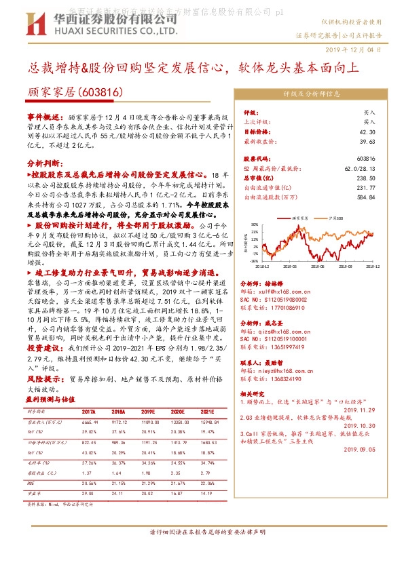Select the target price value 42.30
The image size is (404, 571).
[x=367, y=132]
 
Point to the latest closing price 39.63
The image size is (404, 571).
[x=367, y=142]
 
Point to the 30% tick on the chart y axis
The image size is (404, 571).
[x=255, y=223]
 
